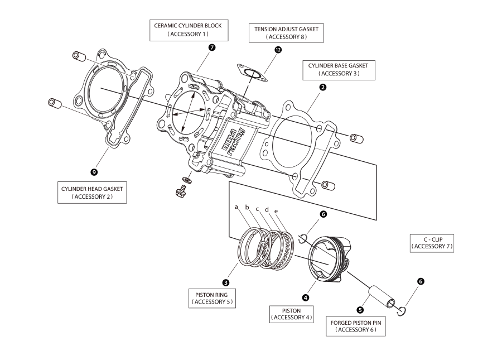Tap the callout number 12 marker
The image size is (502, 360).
(278, 50)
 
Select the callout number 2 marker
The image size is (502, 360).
(323, 87)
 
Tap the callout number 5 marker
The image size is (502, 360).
(360, 309)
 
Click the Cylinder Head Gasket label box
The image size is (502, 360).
(92, 193)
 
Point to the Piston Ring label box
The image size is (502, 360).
(212, 298)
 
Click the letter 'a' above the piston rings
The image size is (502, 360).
(236, 207)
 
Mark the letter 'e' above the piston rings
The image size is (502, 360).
(276, 211)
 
